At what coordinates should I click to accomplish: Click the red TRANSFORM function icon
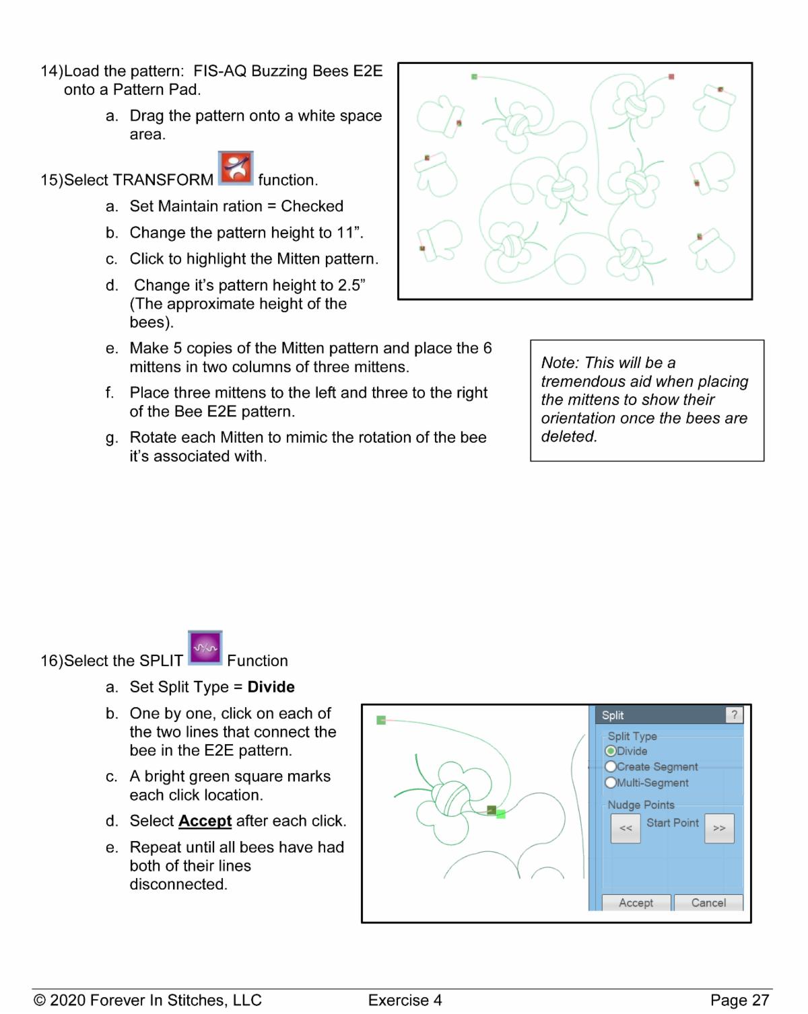point(236,168)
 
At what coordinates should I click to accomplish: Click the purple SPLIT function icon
point(205,648)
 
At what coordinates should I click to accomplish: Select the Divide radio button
point(611,751)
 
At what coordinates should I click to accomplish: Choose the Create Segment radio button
point(611,767)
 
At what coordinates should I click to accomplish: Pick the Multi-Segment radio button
point(611,783)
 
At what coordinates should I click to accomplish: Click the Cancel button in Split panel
point(708,903)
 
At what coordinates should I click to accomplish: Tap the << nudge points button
point(626,828)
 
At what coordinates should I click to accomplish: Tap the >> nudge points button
point(719,828)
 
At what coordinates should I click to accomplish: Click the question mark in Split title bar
point(734,715)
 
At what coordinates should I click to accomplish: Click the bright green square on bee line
point(501,814)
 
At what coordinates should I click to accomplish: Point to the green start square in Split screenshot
point(381,720)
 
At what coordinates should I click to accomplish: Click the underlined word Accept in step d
point(205,821)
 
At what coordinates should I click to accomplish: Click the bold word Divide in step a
point(271,687)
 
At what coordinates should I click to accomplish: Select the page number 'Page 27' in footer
point(739,1001)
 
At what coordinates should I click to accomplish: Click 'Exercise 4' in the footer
point(405,1001)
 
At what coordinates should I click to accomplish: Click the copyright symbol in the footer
point(40,1001)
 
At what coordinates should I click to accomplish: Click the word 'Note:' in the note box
point(560,363)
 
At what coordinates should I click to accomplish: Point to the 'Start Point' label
point(672,823)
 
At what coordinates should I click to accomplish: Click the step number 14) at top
point(51,71)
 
